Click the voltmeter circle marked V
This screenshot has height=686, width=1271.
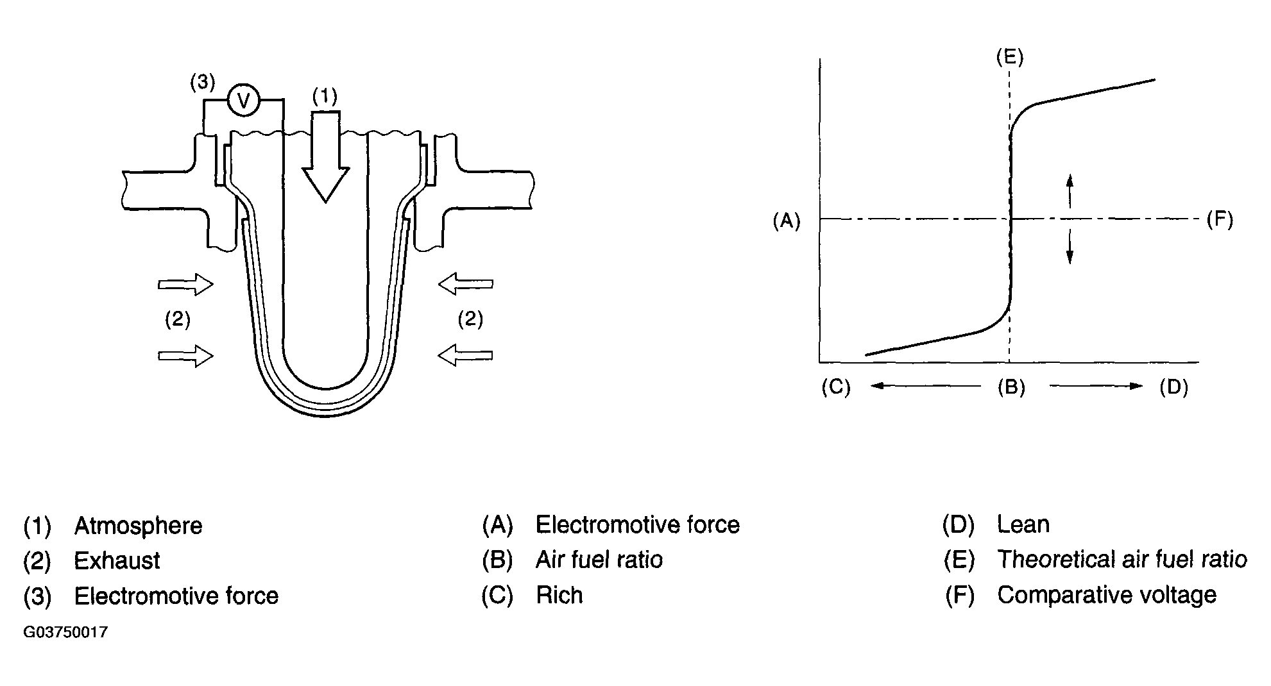click(x=243, y=100)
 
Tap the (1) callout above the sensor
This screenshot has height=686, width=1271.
click(x=325, y=96)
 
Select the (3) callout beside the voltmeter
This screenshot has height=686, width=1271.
click(x=202, y=83)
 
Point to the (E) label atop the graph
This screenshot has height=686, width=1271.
click(x=1009, y=58)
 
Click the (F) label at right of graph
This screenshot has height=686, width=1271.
click(x=1220, y=220)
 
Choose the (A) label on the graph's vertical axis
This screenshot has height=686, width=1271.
click(x=787, y=221)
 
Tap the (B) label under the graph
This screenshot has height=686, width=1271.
click(x=1011, y=387)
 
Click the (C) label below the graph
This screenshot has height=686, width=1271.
click(x=836, y=387)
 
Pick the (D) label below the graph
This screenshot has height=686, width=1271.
click(x=1173, y=387)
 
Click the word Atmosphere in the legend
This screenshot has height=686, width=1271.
click(x=138, y=526)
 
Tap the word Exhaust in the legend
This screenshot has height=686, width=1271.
click(x=117, y=561)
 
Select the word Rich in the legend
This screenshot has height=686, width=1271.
click(x=559, y=596)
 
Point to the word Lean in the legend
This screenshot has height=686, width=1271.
click(x=1023, y=525)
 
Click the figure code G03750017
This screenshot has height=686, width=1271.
click(x=65, y=633)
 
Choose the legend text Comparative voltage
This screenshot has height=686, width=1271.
click(x=1107, y=596)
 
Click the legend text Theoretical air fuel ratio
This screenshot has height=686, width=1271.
click(x=1122, y=560)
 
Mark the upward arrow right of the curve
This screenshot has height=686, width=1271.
click(x=1070, y=190)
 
